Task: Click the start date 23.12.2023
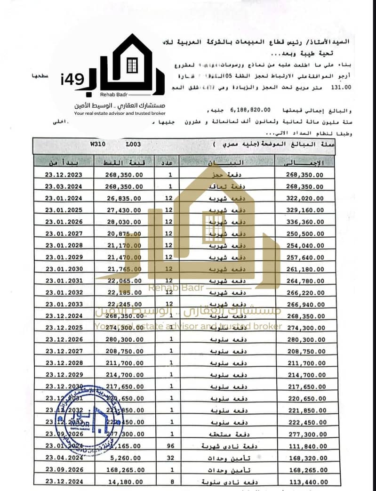click(x=64, y=175)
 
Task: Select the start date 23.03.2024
click(x=64, y=186)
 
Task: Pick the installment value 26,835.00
click(x=124, y=198)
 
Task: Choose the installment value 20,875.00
click(x=124, y=233)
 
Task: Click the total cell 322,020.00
click(x=305, y=198)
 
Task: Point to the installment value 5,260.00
click(x=128, y=457)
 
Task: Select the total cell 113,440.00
click(x=305, y=481)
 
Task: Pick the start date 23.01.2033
click(x=64, y=304)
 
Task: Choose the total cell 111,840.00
click(x=305, y=445)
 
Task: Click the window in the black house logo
click(x=132, y=65)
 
